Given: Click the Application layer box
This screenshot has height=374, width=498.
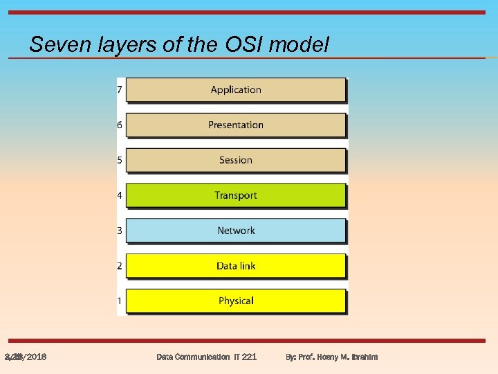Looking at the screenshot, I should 235,89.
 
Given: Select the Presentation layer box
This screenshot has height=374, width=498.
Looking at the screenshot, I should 235,125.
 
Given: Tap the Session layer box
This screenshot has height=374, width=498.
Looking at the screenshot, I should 235,160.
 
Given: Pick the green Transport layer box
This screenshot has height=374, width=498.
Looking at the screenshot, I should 235,195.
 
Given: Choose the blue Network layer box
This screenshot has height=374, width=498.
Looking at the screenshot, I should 235,231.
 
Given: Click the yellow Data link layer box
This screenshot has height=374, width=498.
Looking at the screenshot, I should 235,266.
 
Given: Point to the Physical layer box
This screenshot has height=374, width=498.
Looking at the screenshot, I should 235,301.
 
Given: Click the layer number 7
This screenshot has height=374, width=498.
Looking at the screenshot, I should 120,89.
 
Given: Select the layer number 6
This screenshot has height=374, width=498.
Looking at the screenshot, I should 120,125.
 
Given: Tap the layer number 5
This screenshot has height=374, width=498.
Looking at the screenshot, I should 120,160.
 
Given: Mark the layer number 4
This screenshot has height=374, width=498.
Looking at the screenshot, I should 120,195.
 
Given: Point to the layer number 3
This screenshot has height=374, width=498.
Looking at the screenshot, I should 120,231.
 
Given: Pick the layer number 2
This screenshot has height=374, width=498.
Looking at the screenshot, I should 120,266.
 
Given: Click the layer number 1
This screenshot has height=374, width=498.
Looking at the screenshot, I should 120,301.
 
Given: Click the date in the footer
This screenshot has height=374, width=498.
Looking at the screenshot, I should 26,357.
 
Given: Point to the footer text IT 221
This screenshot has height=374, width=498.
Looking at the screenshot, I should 245,357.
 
